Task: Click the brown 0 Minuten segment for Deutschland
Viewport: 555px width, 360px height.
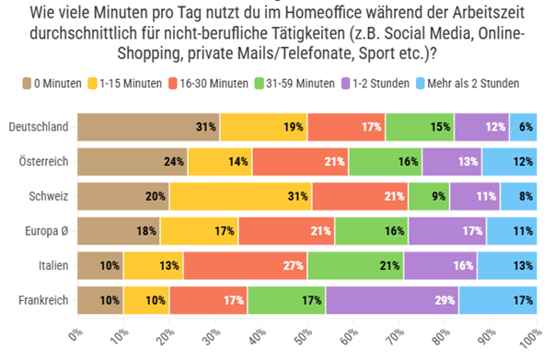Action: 147,126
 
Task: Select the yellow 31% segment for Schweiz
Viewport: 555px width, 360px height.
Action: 240,196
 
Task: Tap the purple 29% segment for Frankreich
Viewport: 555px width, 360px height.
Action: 392,300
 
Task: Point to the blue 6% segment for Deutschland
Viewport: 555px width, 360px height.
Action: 523,126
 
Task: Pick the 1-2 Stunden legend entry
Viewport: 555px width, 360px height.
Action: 409,83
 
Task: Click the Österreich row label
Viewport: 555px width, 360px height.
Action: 45,161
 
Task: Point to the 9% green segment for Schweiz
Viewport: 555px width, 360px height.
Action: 429,196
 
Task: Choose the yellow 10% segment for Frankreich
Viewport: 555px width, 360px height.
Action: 146,300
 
